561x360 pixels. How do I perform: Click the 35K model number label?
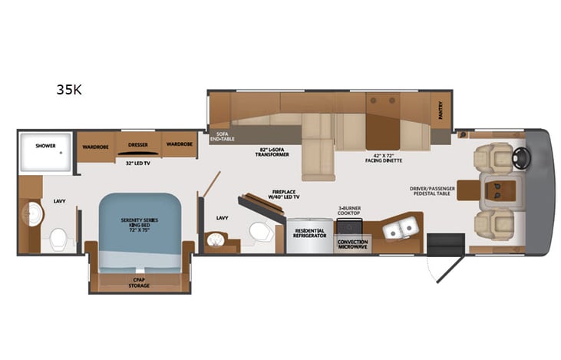coord(68,89)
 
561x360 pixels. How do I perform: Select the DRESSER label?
coord(138,144)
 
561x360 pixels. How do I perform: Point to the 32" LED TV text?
coord(138,163)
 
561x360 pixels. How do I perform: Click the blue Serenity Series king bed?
coord(139,223)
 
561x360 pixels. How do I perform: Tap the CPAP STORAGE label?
coord(139,283)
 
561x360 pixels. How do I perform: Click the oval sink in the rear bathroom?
coord(34,214)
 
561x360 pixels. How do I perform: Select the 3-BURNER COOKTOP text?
coord(349,211)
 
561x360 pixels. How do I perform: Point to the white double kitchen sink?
coord(401,228)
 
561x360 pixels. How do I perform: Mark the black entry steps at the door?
coord(441,245)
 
